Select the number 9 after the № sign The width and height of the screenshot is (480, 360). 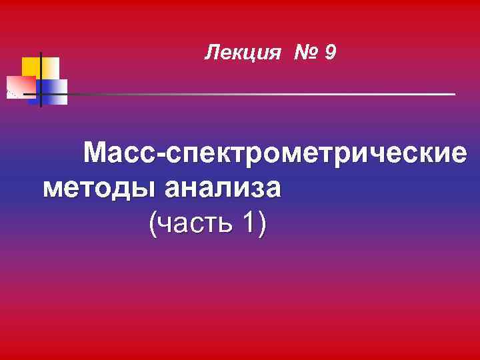(x=331, y=52)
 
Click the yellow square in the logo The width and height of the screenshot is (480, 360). (x=31, y=67)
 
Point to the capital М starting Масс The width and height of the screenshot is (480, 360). (x=96, y=153)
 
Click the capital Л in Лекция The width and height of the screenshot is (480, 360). (x=211, y=52)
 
